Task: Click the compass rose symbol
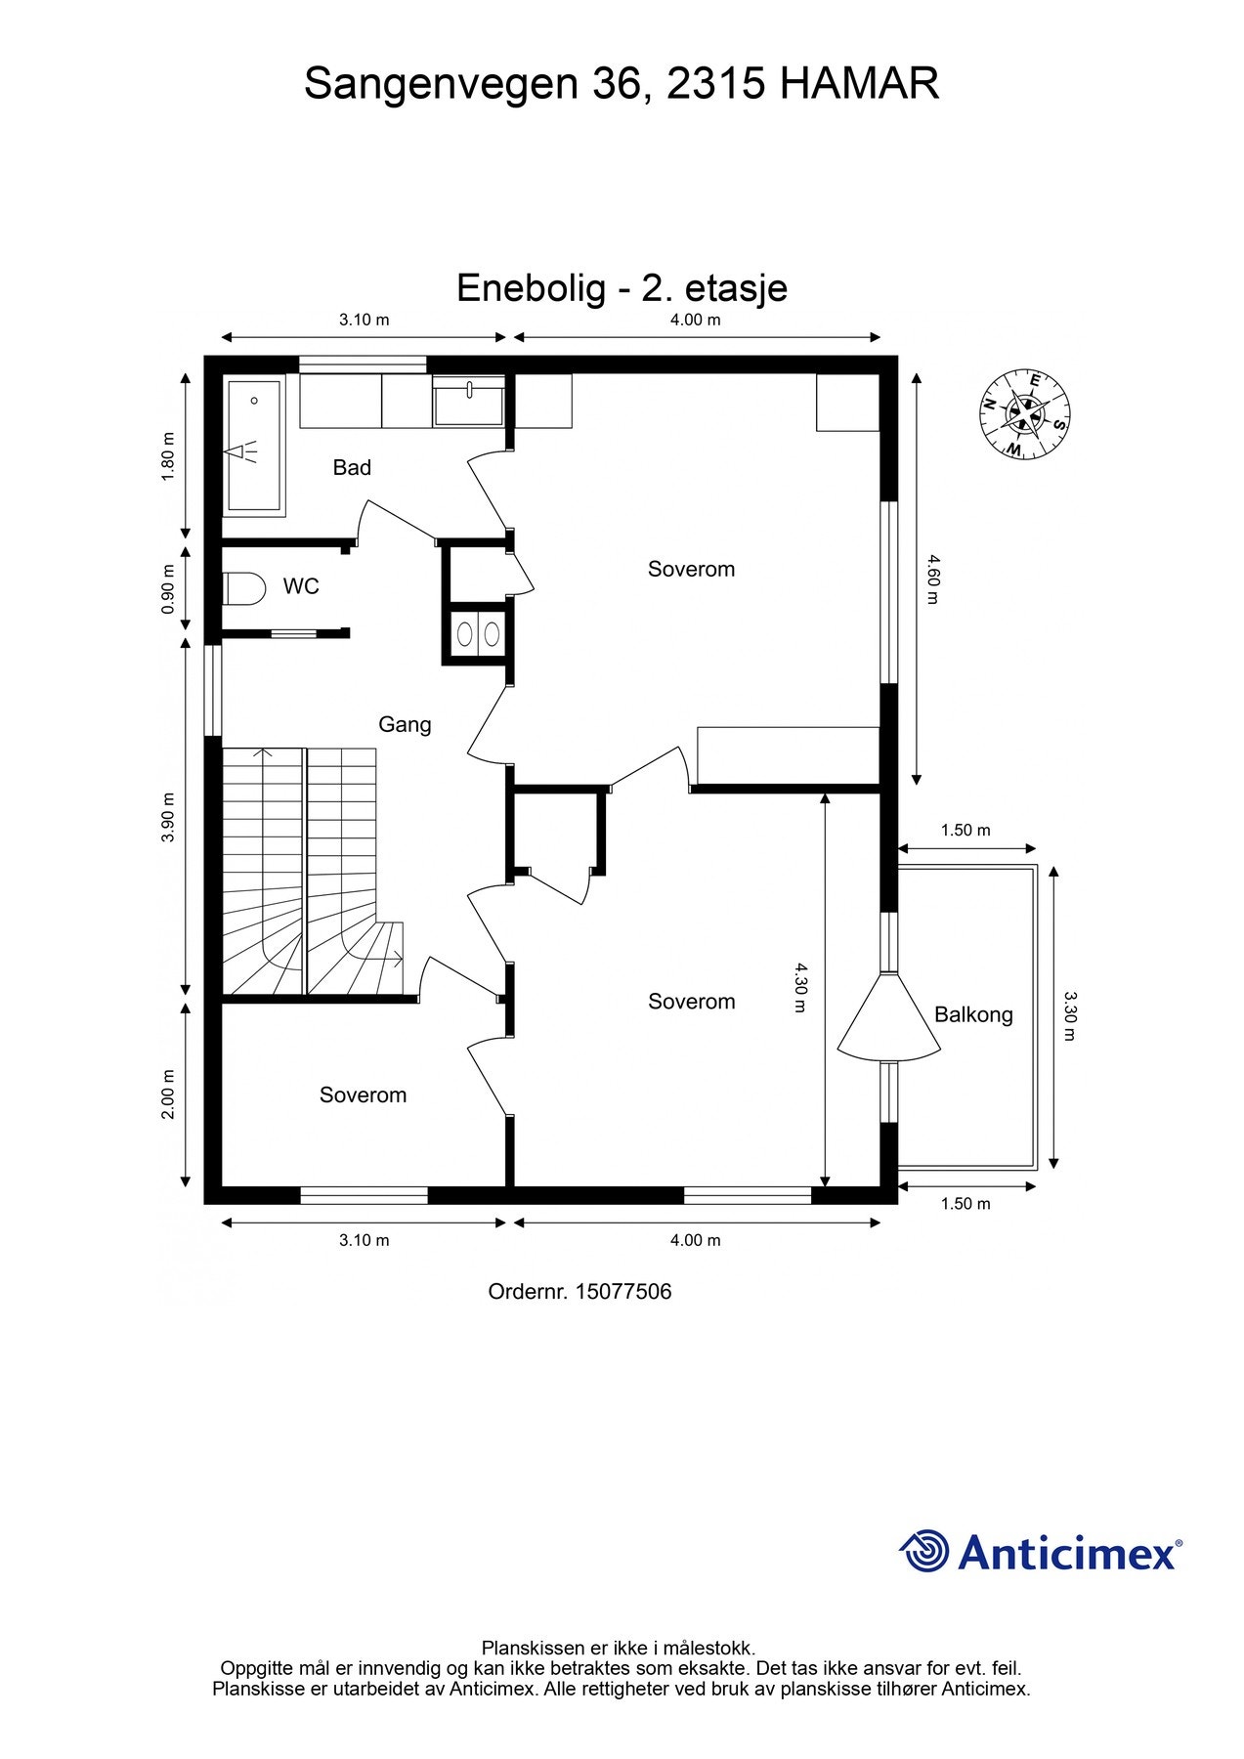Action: [x=1024, y=413]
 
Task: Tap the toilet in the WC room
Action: [x=245, y=588]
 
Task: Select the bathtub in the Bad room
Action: [x=255, y=447]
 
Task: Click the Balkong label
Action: [x=973, y=1014]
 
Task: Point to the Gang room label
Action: [x=405, y=724]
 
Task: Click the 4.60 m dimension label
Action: [x=932, y=579]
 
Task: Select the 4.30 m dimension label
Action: [x=799, y=987]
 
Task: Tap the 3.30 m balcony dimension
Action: [x=1070, y=1016]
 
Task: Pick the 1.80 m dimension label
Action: [x=167, y=456]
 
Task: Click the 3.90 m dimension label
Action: [x=167, y=817]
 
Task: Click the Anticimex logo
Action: [x=1040, y=1552]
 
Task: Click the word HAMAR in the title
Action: [x=860, y=84]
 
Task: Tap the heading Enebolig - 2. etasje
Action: [x=622, y=288]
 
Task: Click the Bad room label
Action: [x=352, y=467]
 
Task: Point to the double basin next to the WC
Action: [x=478, y=634]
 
